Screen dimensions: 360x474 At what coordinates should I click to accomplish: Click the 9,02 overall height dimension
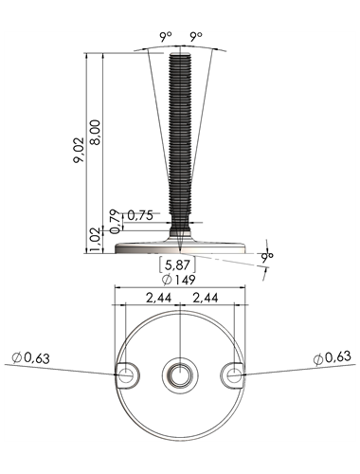click(x=79, y=150)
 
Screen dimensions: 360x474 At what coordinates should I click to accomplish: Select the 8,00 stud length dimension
click(x=95, y=132)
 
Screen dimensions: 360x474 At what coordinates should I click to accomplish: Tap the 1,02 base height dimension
click(x=96, y=241)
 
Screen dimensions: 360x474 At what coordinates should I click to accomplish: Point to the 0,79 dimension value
click(x=116, y=222)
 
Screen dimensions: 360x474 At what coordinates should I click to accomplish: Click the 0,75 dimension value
click(x=140, y=215)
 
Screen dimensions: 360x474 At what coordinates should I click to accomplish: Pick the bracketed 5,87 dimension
click(x=177, y=264)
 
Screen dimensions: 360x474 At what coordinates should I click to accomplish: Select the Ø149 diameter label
click(x=178, y=280)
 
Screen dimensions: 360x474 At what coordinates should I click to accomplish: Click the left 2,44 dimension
click(x=158, y=298)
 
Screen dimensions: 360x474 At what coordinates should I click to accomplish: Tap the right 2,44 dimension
click(x=206, y=298)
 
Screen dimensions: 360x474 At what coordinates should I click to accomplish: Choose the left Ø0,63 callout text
click(x=30, y=358)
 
